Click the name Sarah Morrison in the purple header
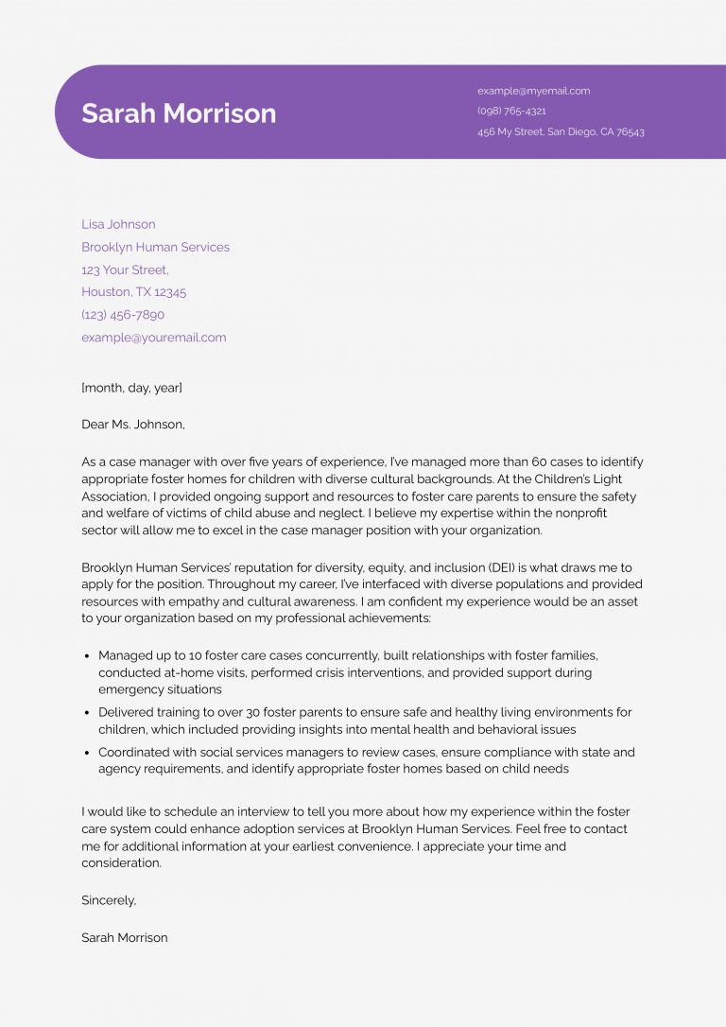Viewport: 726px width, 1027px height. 179,113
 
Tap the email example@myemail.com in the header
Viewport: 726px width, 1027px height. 533,91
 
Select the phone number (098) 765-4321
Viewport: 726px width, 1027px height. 511,111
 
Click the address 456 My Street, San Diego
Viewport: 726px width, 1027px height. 561,131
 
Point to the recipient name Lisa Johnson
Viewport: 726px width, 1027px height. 118,224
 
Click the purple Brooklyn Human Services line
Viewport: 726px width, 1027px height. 155,247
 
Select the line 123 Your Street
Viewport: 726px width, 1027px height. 125,270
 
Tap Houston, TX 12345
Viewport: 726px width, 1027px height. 133,292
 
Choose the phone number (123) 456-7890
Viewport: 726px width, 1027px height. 123,315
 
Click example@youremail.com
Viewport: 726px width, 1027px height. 153,338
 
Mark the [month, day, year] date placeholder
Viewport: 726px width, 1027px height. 131,388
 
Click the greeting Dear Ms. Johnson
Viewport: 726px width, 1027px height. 133,425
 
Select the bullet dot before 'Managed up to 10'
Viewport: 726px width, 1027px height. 87,655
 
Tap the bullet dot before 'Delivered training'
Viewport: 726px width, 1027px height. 87,713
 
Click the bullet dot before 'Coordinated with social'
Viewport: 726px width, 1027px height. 87,754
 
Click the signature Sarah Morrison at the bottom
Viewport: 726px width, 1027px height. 125,937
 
